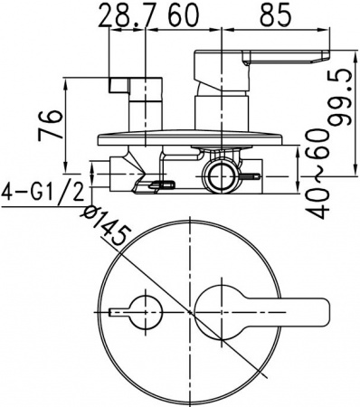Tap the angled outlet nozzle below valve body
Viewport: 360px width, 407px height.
tap(152, 186)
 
